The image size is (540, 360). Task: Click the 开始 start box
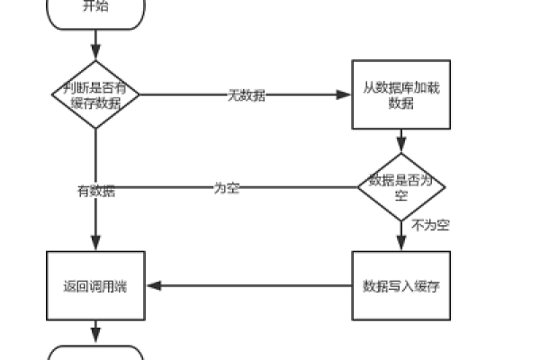pyautogui.click(x=95, y=10)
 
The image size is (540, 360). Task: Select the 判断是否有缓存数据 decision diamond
pyautogui.click(x=95, y=94)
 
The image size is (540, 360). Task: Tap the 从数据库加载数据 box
pyautogui.click(x=400, y=95)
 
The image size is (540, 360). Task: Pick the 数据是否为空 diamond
pyautogui.click(x=401, y=186)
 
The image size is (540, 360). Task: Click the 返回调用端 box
pyautogui.click(x=95, y=286)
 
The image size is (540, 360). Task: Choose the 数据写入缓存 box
pyautogui.click(x=400, y=286)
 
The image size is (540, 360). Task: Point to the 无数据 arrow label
pyautogui.click(x=246, y=95)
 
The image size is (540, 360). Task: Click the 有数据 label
pyautogui.click(x=95, y=191)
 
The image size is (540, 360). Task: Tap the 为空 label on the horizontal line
pyautogui.click(x=227, y=188)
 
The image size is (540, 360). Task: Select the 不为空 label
pyautogui.click(x=430, y=225)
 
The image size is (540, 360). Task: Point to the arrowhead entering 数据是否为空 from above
pyautogui.click(x=401, y=146)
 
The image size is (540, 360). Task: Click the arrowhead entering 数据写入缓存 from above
pyautogui.click(x=401, y=246)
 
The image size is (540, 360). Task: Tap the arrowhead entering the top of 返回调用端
pyautogui.click(x=95, y=246)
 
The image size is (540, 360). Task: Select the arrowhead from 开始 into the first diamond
pyautogui.click(x=95, y=54)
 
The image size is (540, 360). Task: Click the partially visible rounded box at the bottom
pyautogui.click(x=95, y=353)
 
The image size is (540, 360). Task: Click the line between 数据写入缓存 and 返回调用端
pyautogui.click(x=252, y=286)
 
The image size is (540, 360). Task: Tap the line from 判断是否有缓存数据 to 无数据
pyautogui.click(x=180, y=94)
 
